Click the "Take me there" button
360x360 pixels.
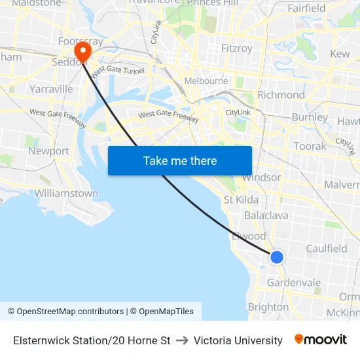(180, 160)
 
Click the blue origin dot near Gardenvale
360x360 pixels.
(277, 257)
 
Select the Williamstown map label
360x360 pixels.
(66, 194)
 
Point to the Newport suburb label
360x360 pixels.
(48, 151)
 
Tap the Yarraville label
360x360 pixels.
(51, 89)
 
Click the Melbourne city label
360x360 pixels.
(206, 81)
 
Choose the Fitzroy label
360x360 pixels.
(236, 48)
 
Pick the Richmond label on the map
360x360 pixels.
(281, 95)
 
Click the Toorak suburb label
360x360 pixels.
(310, 146)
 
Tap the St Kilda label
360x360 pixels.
(241, 200)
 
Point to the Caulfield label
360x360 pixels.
(327, 249)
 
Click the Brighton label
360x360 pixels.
(268, 307)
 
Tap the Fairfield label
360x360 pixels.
(306, 9)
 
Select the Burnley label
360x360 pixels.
(310, 118)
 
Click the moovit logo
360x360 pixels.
(321, 340)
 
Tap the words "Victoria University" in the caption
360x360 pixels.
(238, 340)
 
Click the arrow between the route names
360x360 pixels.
(182, 340)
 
